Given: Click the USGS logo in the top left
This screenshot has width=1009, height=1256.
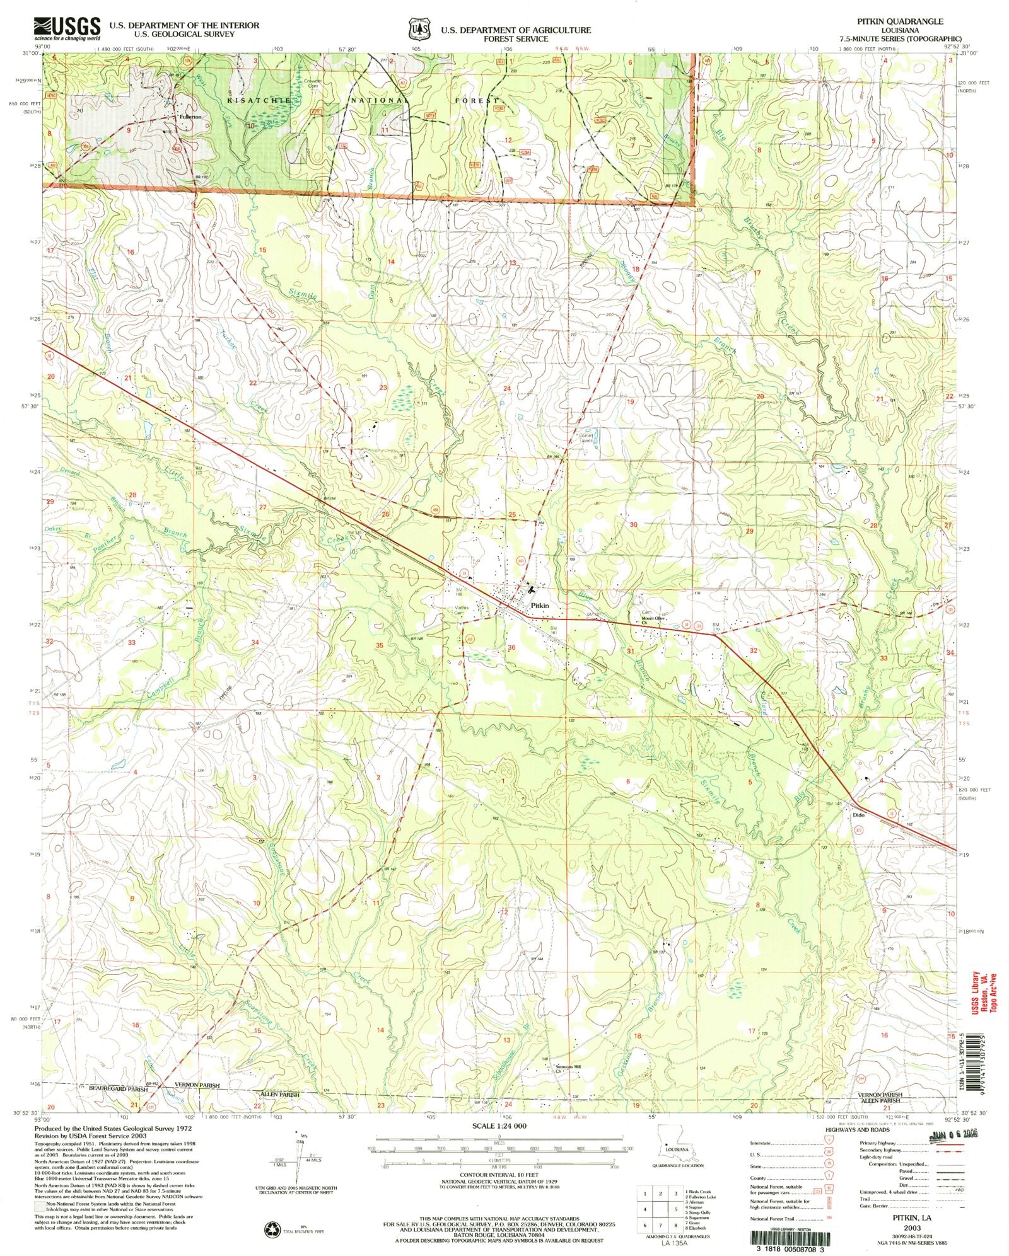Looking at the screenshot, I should (67, 28).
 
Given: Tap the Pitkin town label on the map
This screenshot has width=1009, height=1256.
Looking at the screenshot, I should (539, 605).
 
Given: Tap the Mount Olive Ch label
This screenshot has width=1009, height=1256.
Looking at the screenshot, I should (653, 618).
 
